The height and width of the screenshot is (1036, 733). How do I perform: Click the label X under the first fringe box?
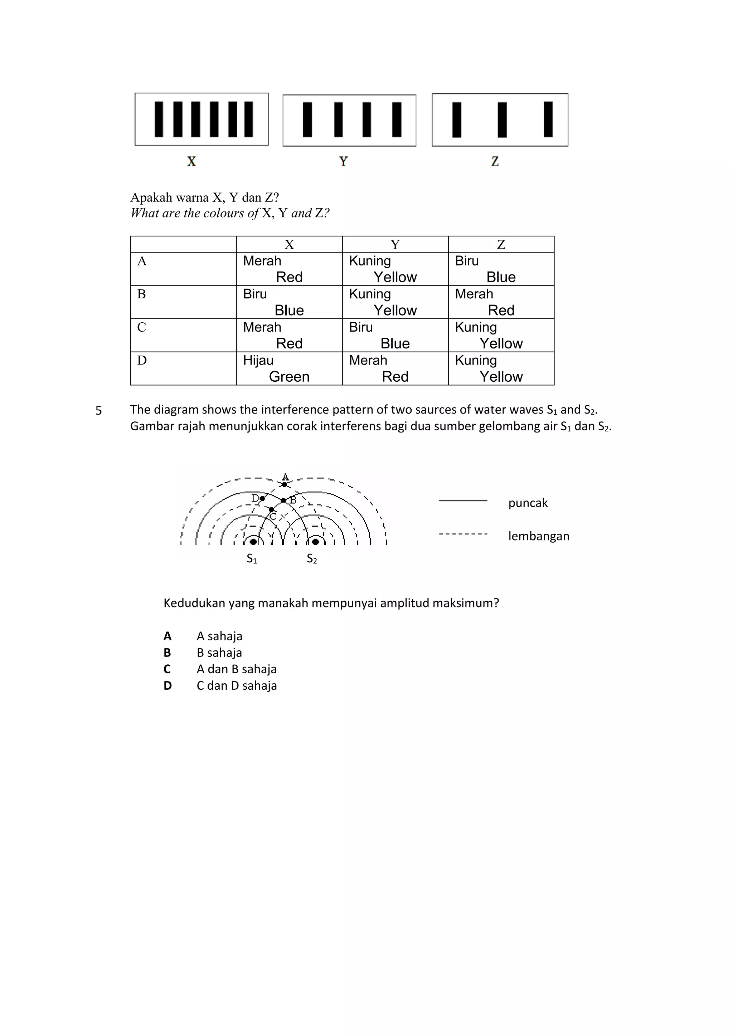pyautogui.click(x=191, y=162)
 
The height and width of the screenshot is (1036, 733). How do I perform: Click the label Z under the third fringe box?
pyautogui.click(x=495, y=162)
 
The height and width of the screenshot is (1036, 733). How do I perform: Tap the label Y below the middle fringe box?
pyautogui.click(x=344, y=162)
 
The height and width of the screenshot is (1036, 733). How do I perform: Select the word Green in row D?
pyautogui.click(x=289, y=376)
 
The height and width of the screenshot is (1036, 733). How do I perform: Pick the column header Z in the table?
pyautogui.click(x=501, y=245)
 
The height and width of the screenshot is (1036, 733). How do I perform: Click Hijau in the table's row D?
pyautogui.click(x=258, y=360)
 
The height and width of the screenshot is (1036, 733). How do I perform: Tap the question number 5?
pyautogui.click(x=98, y=411)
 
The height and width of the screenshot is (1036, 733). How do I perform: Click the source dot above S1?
pyautogui.click(x=253, y=542)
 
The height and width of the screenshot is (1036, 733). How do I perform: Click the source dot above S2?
pyautogui.click(x=315, y=542)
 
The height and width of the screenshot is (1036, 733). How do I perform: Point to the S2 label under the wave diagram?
pyautogui.click(x=312, y=559)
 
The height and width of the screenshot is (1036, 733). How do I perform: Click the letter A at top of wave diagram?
pyautogui.click(x=285, y=477)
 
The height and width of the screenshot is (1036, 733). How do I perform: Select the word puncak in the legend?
pyautogui.click(x=528, y=503)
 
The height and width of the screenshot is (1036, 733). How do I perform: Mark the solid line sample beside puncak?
pyautogui.click(x=463, y=501)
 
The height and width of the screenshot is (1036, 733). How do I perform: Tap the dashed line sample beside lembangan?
pyautogui.click(x=463, y=534)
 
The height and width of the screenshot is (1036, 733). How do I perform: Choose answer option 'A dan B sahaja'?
pyautogui.click(x=236, y=669)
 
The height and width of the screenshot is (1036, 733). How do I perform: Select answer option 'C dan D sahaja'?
pyautogui.click(x=237, y=686)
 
